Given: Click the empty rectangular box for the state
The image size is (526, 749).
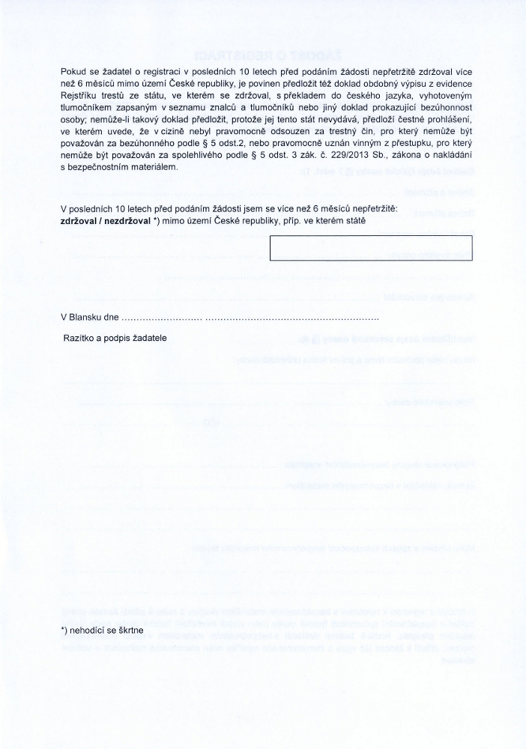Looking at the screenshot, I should tap(371, 247).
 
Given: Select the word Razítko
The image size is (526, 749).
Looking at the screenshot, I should tap(79, 338).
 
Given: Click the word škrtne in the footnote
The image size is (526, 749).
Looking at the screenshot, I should tap(129, 631).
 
